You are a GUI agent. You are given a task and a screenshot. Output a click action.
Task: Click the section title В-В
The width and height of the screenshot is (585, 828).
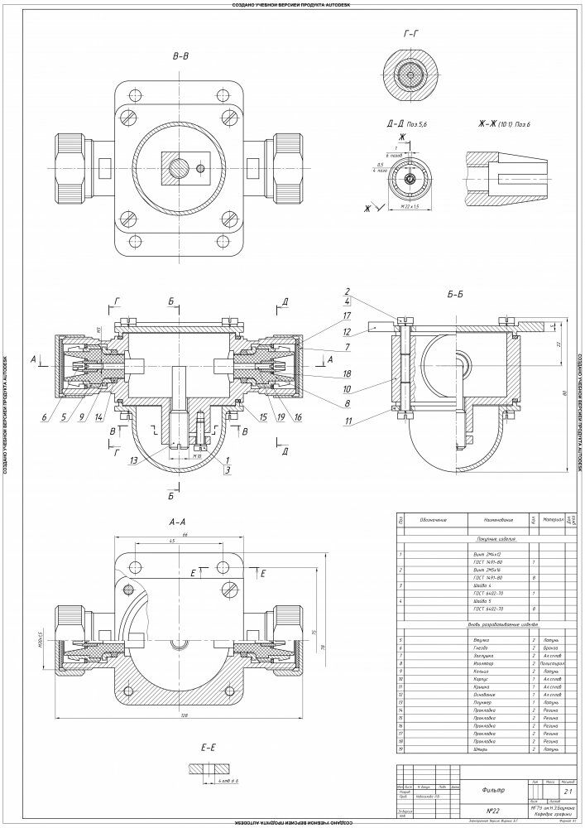[180, 57]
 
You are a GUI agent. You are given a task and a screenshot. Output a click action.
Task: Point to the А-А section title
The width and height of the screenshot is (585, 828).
[176, 522]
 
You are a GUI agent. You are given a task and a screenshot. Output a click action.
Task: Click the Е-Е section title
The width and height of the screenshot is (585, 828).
[208, 747]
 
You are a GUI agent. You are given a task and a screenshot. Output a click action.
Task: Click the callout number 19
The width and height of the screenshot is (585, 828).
[281, 416]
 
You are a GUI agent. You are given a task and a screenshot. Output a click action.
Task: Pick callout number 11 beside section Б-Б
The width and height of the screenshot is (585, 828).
[348, 422]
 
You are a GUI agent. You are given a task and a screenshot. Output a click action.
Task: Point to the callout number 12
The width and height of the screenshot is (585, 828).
[348, 331]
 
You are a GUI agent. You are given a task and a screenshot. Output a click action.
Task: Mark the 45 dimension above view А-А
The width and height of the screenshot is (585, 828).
[171, 542]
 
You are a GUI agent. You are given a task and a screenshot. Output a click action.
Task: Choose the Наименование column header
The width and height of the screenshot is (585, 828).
[487, 521]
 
